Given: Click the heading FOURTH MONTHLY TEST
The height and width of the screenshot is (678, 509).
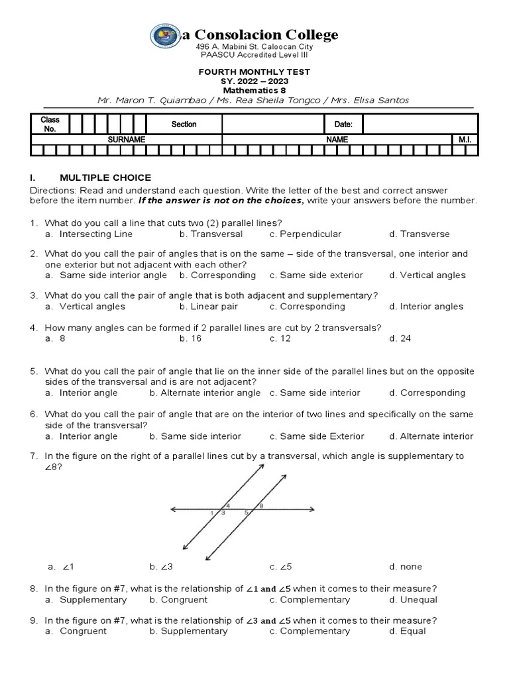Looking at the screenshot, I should click(255, 72).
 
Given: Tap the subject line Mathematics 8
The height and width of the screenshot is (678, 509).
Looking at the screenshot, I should click(255, 90).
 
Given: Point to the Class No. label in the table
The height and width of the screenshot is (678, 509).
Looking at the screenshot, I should click(50, 124).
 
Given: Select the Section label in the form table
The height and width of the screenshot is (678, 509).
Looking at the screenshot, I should click(184, 124).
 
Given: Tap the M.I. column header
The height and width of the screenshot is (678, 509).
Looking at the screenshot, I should click(464, 140).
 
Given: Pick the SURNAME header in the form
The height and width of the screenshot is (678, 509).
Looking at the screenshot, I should click(127, 140).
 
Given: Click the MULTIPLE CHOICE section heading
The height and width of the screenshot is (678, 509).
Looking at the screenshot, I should click(105, 177).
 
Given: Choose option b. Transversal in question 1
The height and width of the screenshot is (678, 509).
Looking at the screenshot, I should click(211, 234).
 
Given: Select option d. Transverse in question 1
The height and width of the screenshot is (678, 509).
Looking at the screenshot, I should click(420, 234).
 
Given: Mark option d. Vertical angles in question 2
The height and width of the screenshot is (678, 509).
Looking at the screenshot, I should click(427, 275).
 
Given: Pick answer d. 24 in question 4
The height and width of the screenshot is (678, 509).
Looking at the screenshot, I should click(400, 338).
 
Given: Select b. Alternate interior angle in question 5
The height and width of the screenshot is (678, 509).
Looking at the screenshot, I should click(205, 393).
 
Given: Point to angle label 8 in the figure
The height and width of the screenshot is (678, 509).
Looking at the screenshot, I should click(261, 505).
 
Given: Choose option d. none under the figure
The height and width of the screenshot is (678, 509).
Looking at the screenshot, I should click(406, 567).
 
